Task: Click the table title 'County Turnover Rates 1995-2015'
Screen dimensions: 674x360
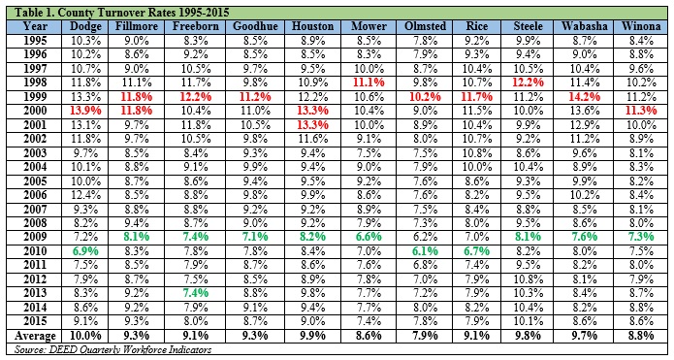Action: (x=144, y=12)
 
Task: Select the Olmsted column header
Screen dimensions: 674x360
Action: (x=425, y=26)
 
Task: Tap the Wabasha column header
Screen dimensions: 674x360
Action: (x=584, y=26)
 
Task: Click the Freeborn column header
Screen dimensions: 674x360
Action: (x=196, y=26)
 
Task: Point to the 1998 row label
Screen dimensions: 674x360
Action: (x=35, y=82)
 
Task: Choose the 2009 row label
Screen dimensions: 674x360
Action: (x=35, y=237)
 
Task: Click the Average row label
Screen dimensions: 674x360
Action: (x=35, y=336)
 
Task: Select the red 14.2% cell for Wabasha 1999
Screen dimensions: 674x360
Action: (x=584, y=97)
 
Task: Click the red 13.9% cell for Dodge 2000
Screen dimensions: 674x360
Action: (x=85, y=111)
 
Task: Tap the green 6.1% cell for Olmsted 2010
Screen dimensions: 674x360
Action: (x=425, y=251)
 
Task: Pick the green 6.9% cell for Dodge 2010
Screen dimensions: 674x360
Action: (x=85, y=251)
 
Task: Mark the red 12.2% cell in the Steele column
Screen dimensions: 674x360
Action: (x=528, y=82)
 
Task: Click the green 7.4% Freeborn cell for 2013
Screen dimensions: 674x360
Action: (x=196, y=293)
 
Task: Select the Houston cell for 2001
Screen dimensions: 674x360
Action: (x=312, y=125)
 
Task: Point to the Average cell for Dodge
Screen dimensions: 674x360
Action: (x=85, y=336)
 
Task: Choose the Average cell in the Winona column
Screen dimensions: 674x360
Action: (x=641, y=336)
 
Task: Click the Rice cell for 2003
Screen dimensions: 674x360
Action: (x=477, y=152)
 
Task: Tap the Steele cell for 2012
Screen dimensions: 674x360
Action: (x=528, y=279)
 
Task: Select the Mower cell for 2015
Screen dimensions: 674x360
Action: (x=369, y=322)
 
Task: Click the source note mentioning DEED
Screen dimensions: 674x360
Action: (x=113, y=349)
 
